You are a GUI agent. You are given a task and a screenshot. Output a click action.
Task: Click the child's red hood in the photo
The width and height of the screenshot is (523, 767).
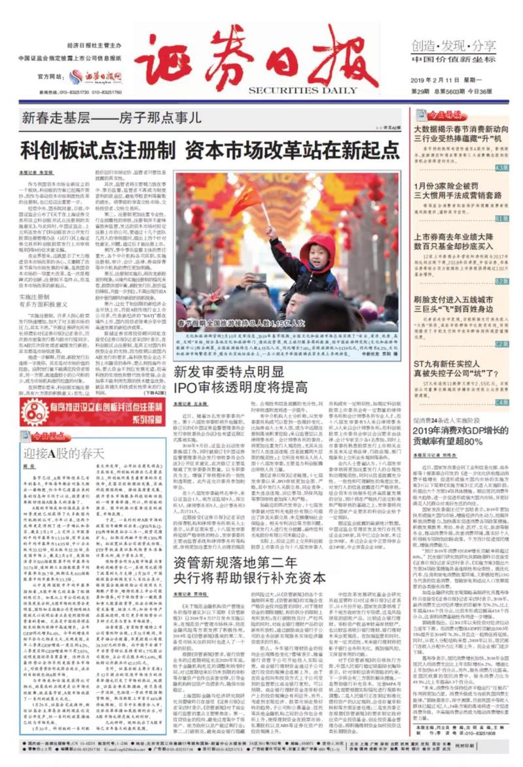[318, 247]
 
